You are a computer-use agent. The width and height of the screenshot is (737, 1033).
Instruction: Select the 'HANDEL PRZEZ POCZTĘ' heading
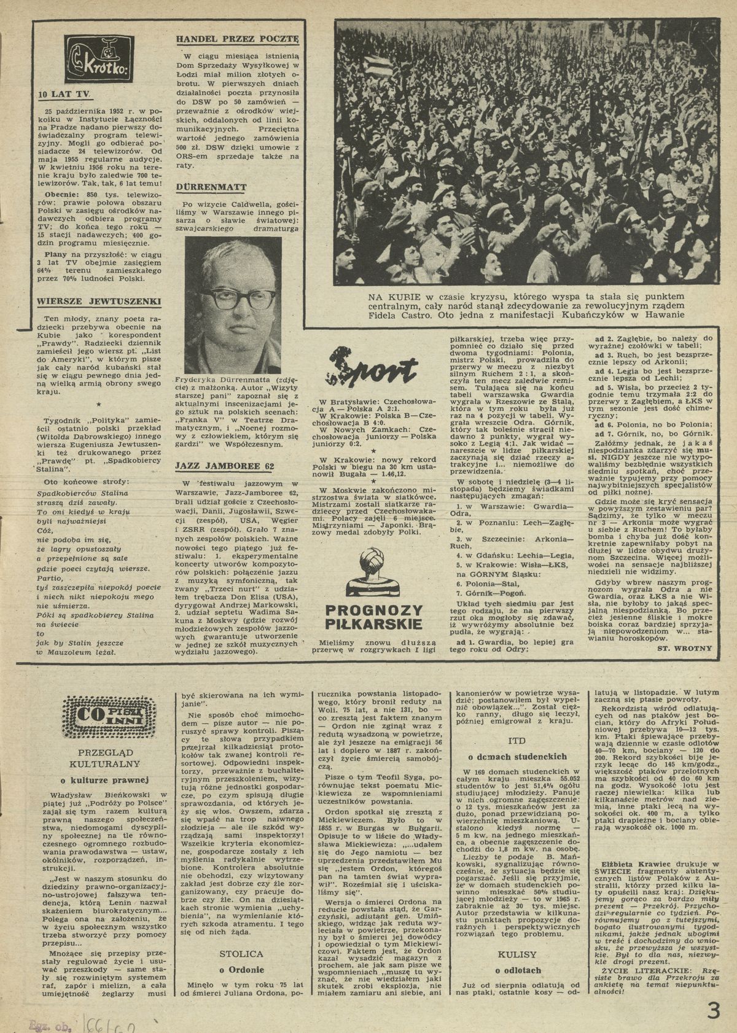click(x=237, y=38)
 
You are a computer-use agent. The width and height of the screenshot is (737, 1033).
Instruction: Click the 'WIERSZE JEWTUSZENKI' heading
click(x=99, y=301)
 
